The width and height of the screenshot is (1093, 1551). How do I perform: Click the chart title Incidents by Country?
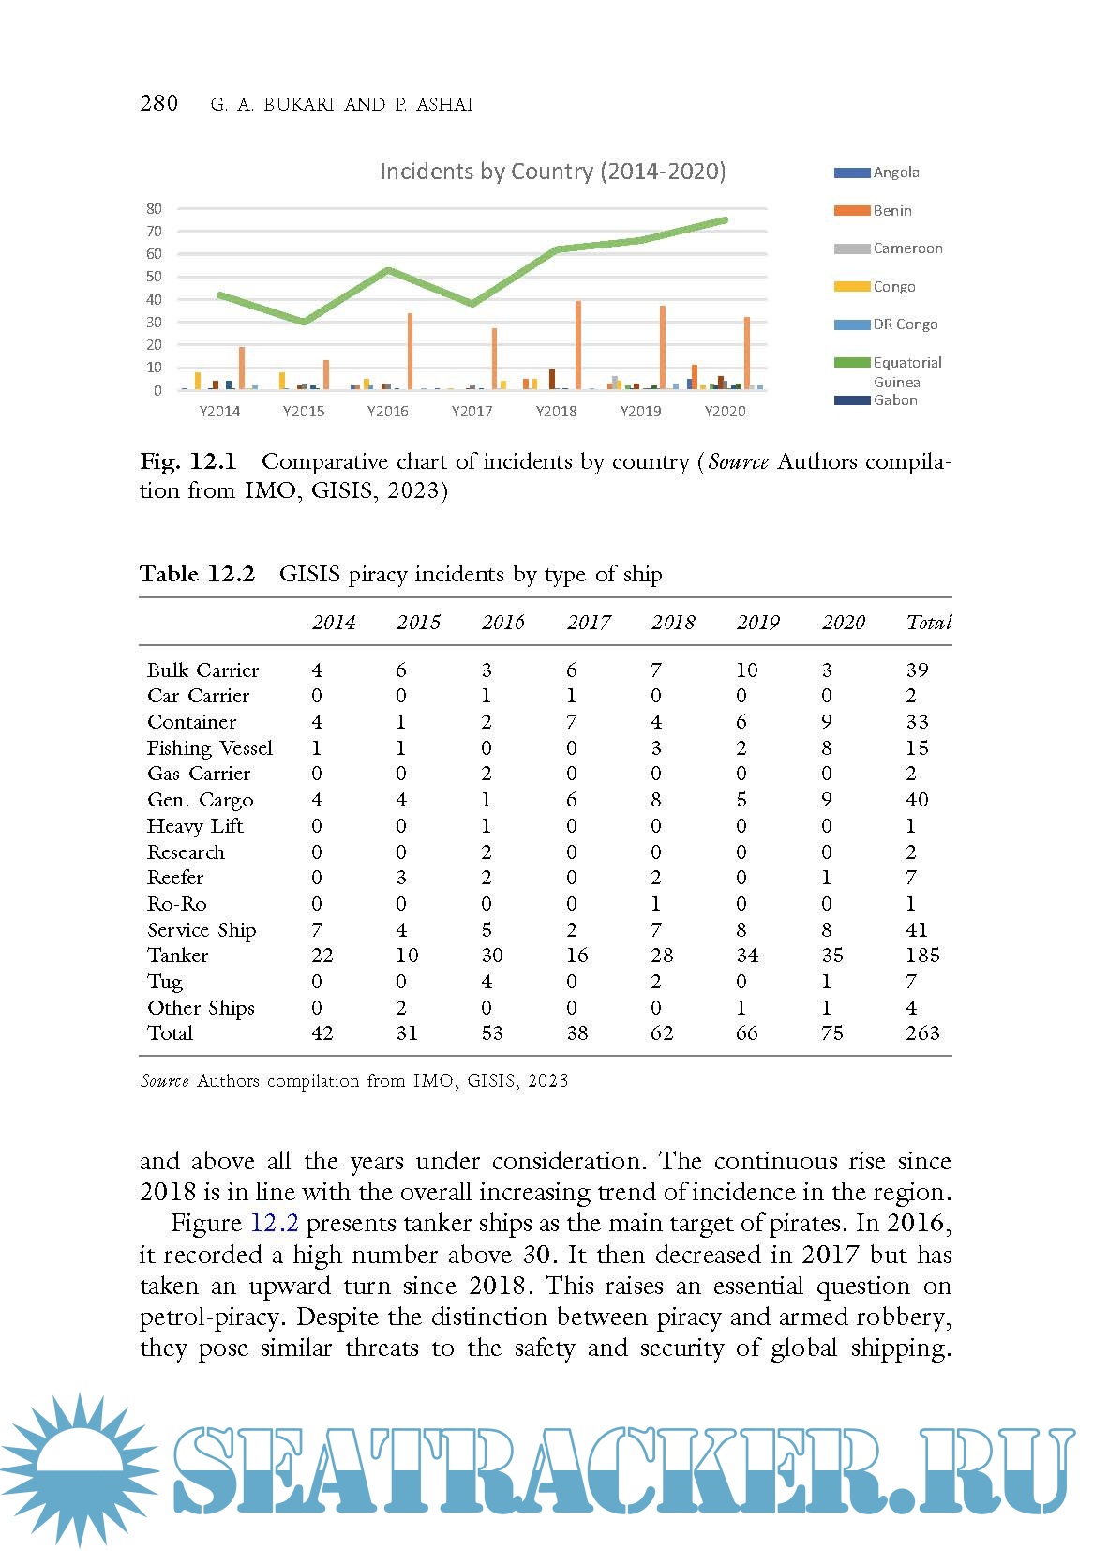[552, 172]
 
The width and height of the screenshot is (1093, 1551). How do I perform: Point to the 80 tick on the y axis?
[154, 208]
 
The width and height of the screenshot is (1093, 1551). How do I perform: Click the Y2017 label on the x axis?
[472, 411]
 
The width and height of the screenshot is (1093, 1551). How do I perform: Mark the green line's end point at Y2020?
[725, 220]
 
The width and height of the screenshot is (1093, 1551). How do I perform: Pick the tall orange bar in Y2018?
[578, 344]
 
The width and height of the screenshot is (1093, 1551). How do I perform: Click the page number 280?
[158, 103]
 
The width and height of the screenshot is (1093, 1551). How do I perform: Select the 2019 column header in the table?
[757, 623]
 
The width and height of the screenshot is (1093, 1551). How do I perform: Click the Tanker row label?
[178, 956]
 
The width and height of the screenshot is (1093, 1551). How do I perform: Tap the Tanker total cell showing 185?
[922, 956]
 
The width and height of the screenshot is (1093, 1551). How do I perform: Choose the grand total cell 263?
[922, 1033]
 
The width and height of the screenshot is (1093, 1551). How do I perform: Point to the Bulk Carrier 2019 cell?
[747, 670]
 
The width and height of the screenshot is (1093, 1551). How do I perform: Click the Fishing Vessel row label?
[210, 748]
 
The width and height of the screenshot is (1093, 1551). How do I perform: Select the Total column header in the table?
[928, 623]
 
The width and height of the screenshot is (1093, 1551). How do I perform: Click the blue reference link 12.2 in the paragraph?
[274, 1224]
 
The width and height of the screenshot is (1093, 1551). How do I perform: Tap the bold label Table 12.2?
[197, 574]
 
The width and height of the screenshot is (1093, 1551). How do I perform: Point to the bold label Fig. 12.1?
[188, 461]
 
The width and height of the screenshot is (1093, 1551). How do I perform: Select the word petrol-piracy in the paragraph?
[214, 1318]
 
